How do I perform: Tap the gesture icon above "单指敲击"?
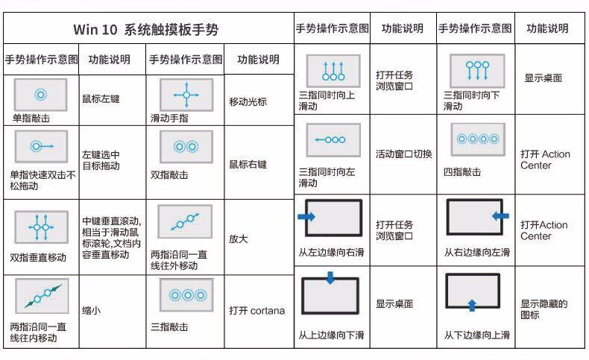pyautogui.click(x=40, y=95)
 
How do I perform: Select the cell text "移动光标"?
pyautogui.click(x=248, y=101)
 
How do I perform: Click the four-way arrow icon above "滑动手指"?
pyautogui.click(x=186, y=95)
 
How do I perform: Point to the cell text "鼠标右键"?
pyautogui.click(x=248, y=164)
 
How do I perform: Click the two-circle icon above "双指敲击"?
pyautogui.click(x=186, y=147)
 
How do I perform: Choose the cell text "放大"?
pyautogui.click(x=239, y=239)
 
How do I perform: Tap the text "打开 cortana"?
pyautogui.click(x=256, y=311)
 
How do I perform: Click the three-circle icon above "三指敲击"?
pyautogui.click(x=186, y=295)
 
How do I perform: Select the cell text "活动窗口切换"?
pyautogui.click(x=403, y=154)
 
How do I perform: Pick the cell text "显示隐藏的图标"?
pyautogui.click(x=544, y=309)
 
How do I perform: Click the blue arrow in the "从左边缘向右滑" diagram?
pyautogui.click(x=306, y=216)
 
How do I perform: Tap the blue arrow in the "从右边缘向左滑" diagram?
pyautogui.click(x=500, y=215)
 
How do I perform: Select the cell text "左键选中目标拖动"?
pyautogui.click(x=101, y=160)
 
